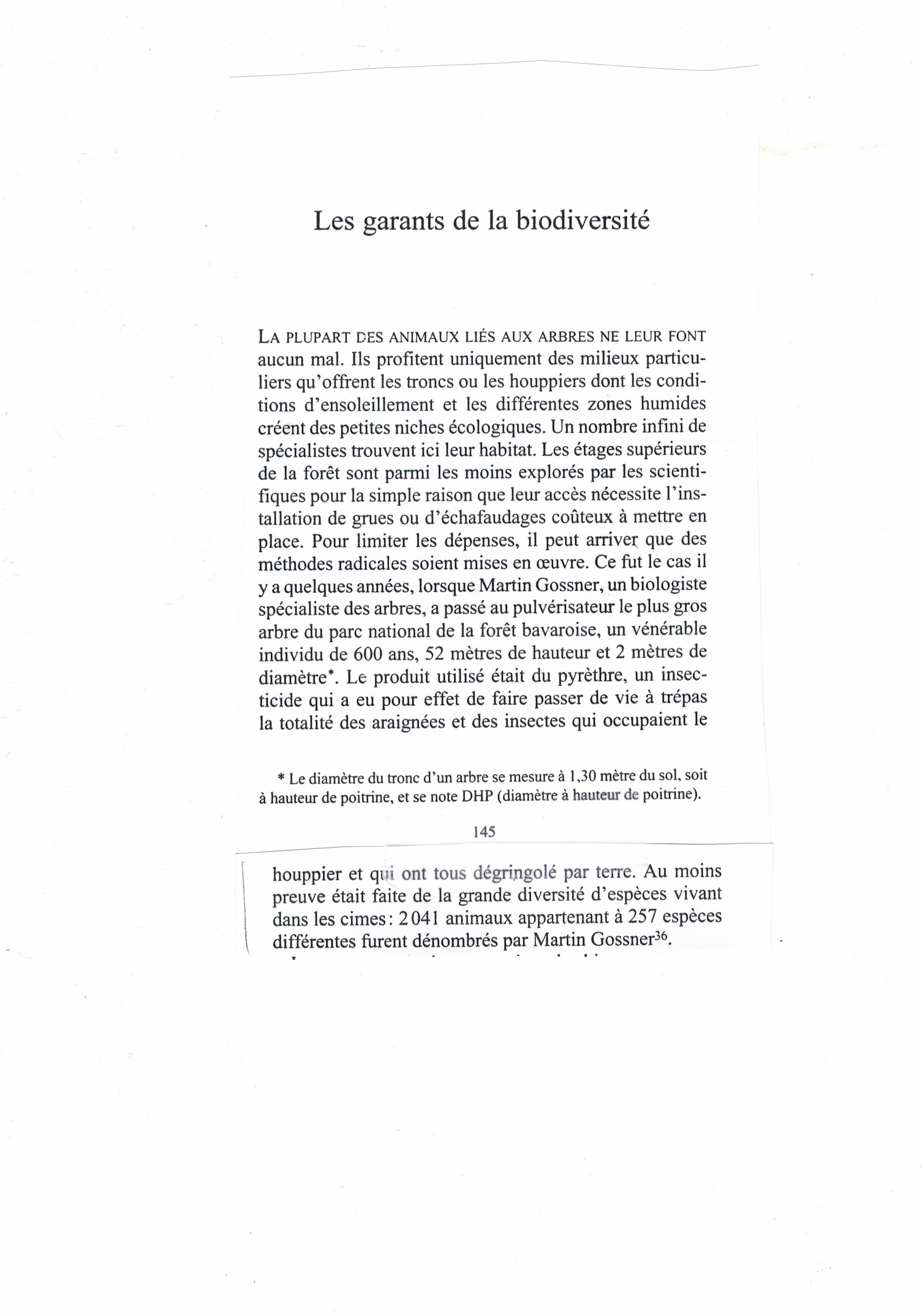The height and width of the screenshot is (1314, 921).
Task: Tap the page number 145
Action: click(484, 832)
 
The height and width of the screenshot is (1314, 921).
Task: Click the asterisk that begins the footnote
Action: click(281, 778)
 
